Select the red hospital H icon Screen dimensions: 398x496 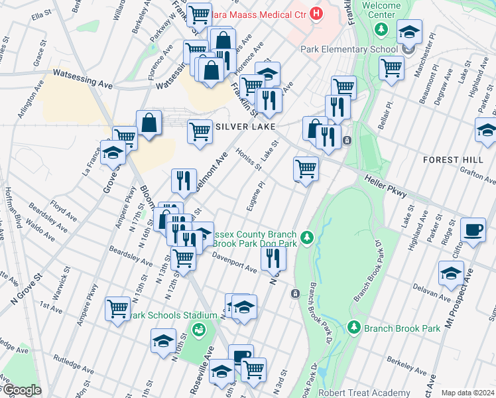pos(316,13)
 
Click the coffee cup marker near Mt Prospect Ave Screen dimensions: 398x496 pos(473,230)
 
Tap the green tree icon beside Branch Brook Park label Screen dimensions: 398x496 pos(354,328)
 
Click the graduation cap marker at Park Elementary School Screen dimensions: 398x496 pos(409,32)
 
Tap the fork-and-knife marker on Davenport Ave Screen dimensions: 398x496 pos(273,258)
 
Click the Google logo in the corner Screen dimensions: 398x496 pos(21,390)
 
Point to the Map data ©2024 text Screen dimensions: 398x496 pos(467,393)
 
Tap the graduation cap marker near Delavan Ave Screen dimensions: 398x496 pos(451,273)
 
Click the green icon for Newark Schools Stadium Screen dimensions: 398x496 pos(198,328)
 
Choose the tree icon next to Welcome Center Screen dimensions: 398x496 pos(381,29)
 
